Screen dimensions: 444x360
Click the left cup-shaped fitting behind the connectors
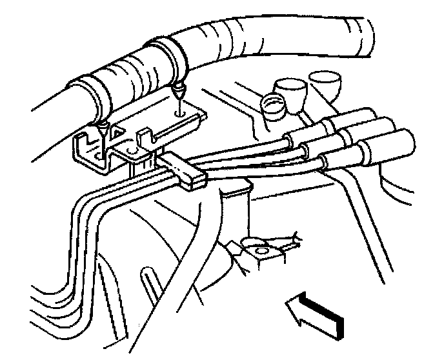click(288, 90)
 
